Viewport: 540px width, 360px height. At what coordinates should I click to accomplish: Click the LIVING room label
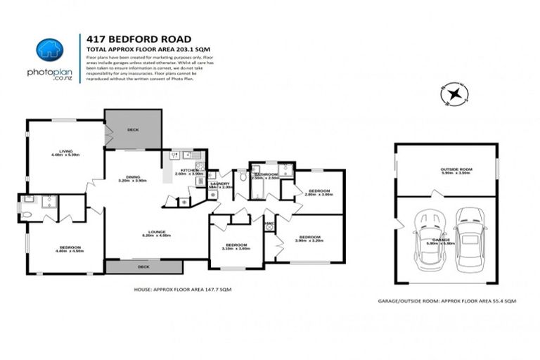point(66,151)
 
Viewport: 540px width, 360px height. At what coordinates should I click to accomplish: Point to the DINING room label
point(133,177)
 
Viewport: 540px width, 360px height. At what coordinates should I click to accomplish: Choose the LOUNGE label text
point(155,233)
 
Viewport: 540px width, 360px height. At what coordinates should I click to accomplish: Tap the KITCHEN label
point(188,171)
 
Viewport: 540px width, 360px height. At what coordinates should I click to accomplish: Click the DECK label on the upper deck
point(133,130)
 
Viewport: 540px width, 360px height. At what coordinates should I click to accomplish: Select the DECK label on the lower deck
point(143,267)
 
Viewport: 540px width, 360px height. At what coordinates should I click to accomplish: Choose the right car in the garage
point(468,238)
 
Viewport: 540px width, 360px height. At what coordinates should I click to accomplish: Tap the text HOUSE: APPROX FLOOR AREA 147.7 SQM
point(182,289)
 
